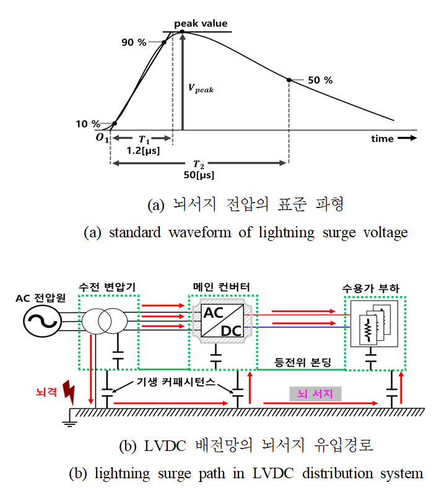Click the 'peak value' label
click(x=201, y=24)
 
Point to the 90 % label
click(x=134, y=42)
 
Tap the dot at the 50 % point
click(x=289, y=80)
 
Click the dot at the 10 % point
click(x=115, y=123)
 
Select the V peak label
click(x=201, y=89)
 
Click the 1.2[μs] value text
click(x=143, y=151)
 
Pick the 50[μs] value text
click(x=199, y=175)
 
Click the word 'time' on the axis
click(x=383, y=138)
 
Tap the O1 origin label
click(x=102, y=138)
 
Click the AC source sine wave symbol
click(x=42, y=321)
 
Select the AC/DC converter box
click(x=222, y=321)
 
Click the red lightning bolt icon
click(x=69, y=392)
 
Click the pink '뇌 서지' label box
click(x=315, y=394)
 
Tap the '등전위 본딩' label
click(x=302, y=362)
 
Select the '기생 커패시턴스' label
click(x=176, y=382)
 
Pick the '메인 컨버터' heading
click(x=222, y=287)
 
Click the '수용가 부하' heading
click(x=371, y=288)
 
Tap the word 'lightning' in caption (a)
click(x=287, y=233)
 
